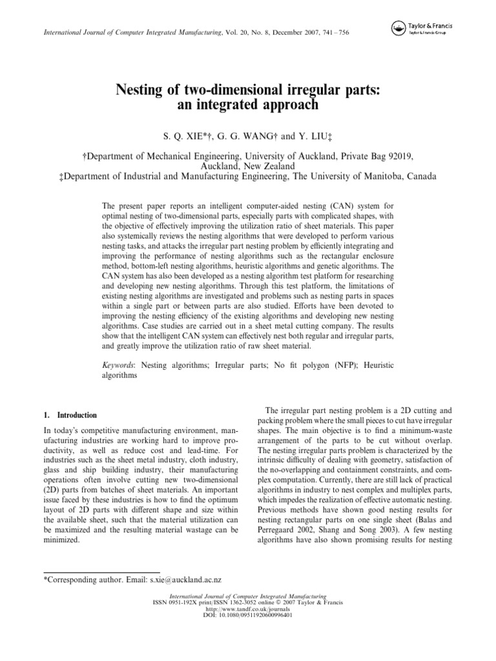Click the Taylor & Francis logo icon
398,26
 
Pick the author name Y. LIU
313,137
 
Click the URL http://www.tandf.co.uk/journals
248,609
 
